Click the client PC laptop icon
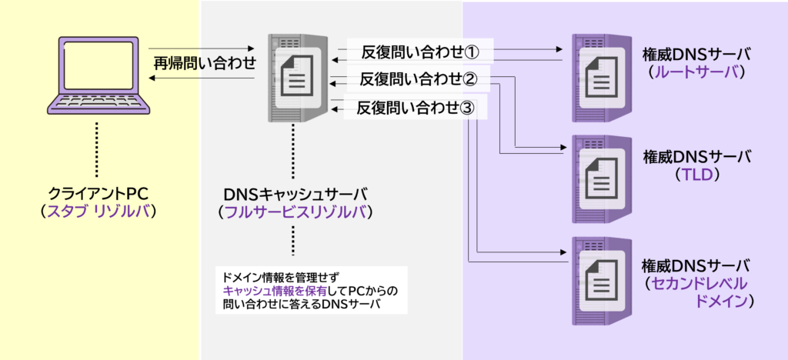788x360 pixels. [x=97, y=75]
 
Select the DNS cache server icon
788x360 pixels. [x=293, y=77]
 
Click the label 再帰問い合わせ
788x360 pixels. [x=204, y=64]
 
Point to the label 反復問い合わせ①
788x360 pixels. [x=420, y=52]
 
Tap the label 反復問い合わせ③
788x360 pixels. [x=420, y=108]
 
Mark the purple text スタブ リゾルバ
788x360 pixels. [x=97, y=210]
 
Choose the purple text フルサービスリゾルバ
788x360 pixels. [x=293, y=210]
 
